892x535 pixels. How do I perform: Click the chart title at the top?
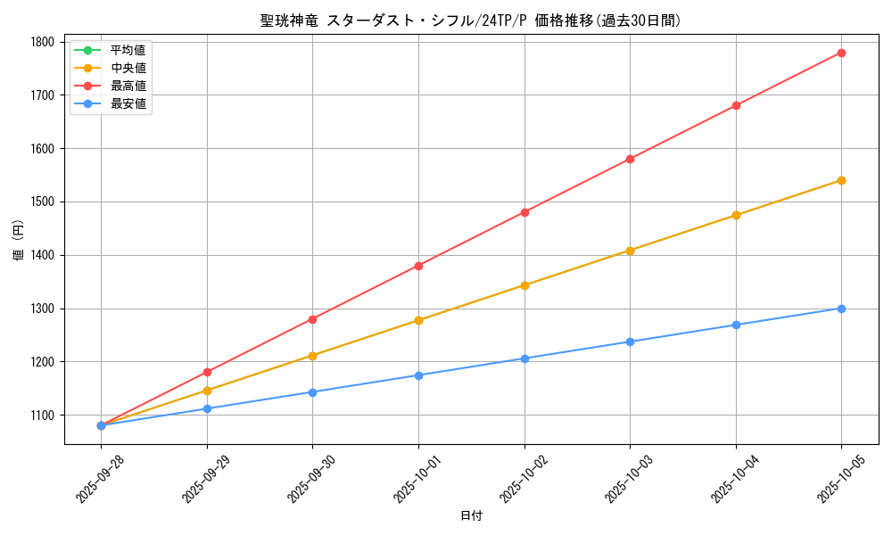(x=470, y=21)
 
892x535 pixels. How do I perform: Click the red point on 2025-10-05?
(x=841, y=53)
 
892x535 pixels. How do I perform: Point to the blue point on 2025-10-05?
(x=841, y=309)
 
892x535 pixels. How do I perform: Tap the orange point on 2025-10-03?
(x=630, y=251)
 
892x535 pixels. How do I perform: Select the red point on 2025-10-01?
(x=418, y=266)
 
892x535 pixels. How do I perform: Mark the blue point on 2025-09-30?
(x=312, y=392)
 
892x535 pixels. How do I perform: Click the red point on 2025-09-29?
(x=207, y=372)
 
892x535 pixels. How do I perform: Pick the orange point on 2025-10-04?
(x=736, y=215)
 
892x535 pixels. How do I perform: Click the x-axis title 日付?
(x=471, y=516)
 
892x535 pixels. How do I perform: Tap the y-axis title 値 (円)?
(x=19, y=241)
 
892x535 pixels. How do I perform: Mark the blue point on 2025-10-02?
(x=524, y=358)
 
